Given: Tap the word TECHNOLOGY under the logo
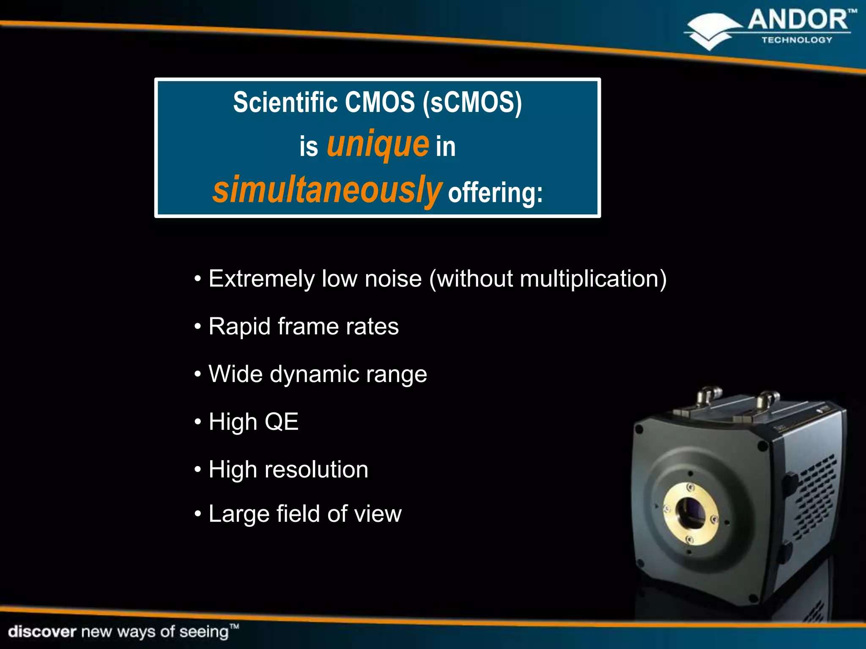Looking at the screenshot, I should click(x=797, y=40).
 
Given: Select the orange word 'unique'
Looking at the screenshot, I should click(x=378, y=145).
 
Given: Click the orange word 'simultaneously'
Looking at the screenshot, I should click(x=327, y=190).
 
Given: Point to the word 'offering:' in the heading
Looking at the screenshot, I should click(x=495, y=193).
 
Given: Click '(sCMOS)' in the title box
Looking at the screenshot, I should click(x=472, y=103).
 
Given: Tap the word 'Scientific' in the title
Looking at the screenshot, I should click(x=285, y=103).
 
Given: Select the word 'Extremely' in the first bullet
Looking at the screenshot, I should click(x=262, y=279).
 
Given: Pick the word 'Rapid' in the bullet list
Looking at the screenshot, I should click(x=239, y=327).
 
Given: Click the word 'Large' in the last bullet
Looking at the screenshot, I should click(x=239, y=514).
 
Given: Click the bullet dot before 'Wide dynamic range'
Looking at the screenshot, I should click(x=197, y=375).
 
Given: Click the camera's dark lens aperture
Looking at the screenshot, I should click(x=691, y=513).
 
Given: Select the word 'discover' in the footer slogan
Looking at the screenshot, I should click(x=42, y=632).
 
